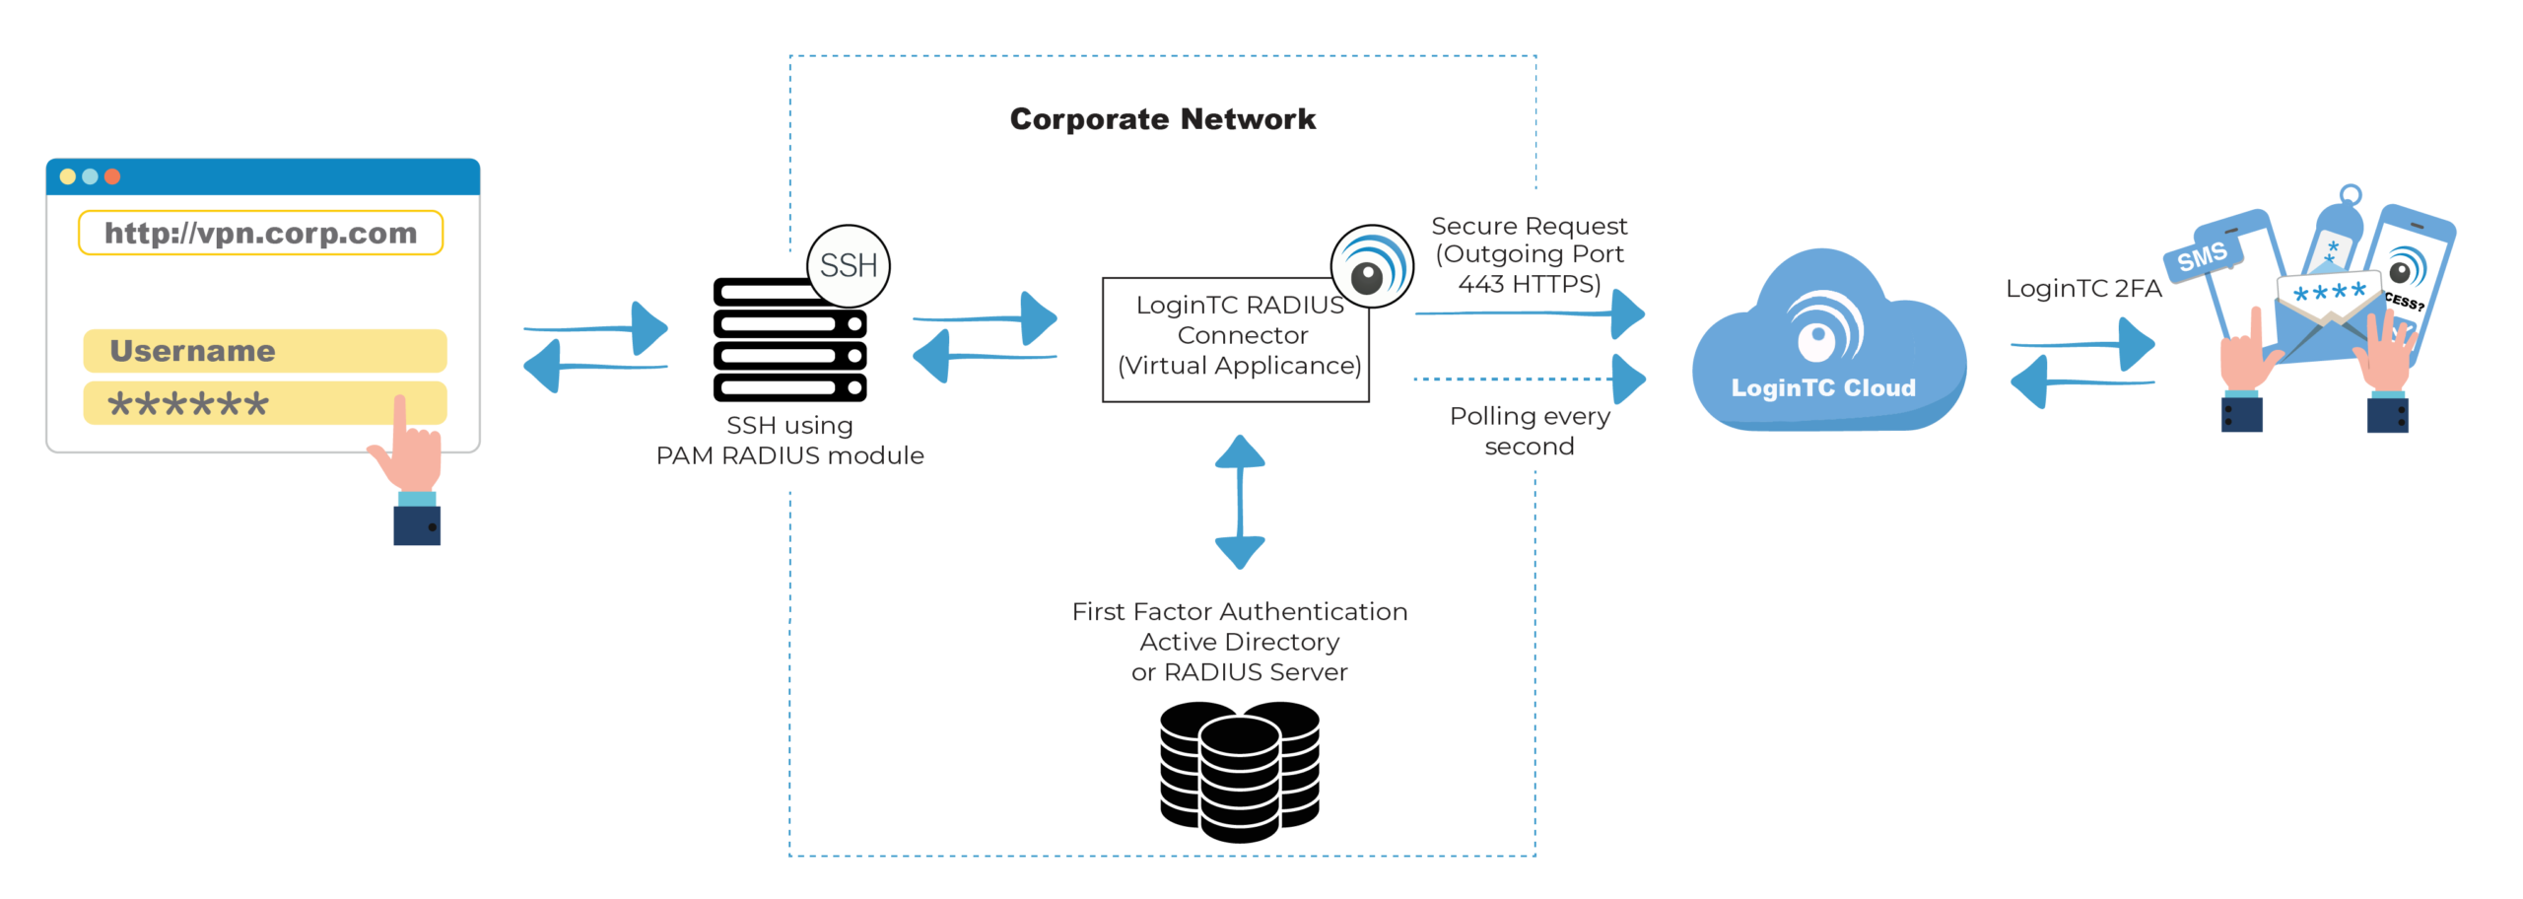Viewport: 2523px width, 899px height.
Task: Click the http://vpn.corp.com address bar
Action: (261, 234)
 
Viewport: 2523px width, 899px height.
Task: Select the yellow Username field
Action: (264, 351)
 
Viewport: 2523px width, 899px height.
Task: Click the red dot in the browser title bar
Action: (112, 176)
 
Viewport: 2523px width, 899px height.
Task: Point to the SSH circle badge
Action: (849, 265)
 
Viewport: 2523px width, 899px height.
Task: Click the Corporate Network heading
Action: (1163, 119)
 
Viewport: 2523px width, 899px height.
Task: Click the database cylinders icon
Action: (1239, 771)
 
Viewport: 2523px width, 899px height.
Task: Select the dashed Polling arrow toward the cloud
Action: (1528, 379)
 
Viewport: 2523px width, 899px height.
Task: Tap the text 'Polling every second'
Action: (1530, 431)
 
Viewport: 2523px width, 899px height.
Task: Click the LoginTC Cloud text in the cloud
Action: (1823, 388)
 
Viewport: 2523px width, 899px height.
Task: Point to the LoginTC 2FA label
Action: (2083, 289)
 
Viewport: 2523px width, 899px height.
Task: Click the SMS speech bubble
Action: (2202, 257)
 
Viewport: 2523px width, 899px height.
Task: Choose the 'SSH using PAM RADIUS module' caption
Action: (790, 441)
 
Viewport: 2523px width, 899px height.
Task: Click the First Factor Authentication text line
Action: (1240, 612)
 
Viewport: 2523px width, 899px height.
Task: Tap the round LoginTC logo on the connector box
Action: (1371, 266)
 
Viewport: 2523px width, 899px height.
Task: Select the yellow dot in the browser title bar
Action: (67, 176)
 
